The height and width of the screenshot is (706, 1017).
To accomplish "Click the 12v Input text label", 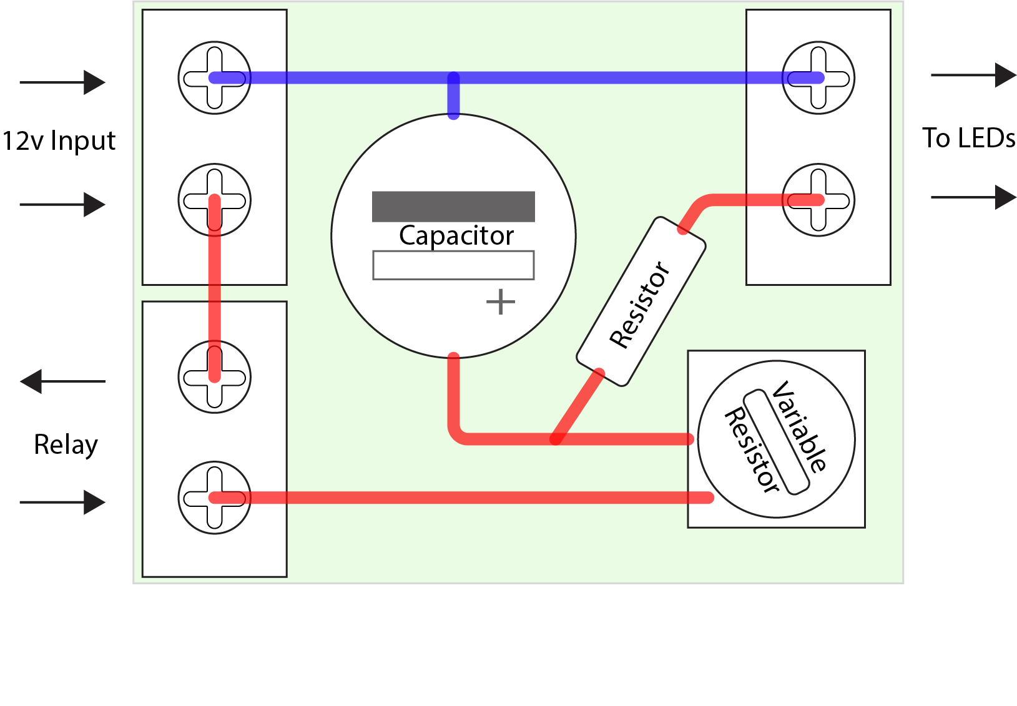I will [59, 141].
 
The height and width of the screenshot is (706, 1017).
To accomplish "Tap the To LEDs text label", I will [969, 138].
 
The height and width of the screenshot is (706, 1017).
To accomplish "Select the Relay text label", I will [66, 445].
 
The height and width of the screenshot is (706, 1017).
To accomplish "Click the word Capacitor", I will [456, 236].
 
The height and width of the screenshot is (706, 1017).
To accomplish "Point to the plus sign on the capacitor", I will [501, 302].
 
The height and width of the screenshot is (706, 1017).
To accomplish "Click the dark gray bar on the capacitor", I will [453, 206].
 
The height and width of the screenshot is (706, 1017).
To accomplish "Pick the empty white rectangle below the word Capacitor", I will [453, 265].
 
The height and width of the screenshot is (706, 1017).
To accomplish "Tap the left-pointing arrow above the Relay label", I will [62, 381].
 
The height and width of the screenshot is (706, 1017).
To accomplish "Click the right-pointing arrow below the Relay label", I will [62, 502].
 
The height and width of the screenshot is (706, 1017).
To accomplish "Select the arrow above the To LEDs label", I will [973, 75].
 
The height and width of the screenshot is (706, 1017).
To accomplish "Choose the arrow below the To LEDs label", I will [973, 197].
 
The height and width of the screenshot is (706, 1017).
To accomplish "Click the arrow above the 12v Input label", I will [62, 82].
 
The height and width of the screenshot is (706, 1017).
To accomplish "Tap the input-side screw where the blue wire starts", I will [215, 78].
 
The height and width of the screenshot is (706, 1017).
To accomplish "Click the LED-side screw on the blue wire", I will [818, 78].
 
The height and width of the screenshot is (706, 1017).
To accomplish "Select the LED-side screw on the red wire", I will [818, 200].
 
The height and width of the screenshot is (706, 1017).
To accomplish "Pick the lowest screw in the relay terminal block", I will [215, 498].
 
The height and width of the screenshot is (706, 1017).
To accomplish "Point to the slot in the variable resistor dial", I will [776, 442].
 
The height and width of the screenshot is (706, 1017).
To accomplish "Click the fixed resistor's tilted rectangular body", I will [641, 302].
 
